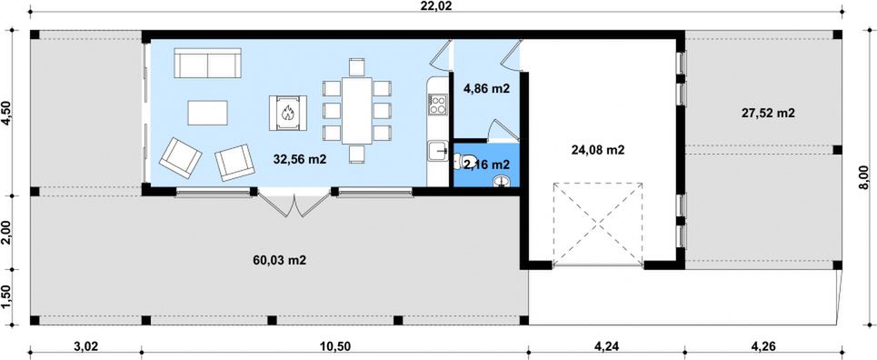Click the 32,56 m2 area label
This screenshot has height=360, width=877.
[x=300, y=159]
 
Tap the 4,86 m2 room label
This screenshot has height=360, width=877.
[x=487, y=88]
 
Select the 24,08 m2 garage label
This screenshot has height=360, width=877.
[x=599, y=149]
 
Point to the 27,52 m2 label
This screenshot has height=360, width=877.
[x=769, y=113]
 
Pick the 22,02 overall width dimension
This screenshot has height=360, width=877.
[x=439, y=6]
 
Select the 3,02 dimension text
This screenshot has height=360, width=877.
[x=86, y=346]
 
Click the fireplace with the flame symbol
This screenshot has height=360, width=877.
[x=288, y=113]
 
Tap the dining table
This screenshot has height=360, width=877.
[x=357, y=111]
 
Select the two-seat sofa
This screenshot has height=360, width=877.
[x=207, y=64]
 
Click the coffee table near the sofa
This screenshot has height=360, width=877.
[x=207, y=113]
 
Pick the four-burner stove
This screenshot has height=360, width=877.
[x=437, y=105]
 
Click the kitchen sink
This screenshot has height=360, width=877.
[x=437, y=151]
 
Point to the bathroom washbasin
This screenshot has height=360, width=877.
[x=503, y=180]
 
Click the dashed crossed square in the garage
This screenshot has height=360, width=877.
[x=598, y=224]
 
